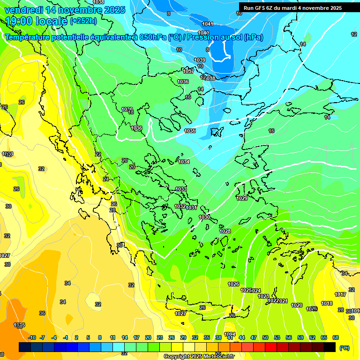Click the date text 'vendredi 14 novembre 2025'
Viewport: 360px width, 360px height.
[65, 10]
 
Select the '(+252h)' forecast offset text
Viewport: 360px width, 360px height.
[83, 21]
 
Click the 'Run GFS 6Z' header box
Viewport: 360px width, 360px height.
[292, 8]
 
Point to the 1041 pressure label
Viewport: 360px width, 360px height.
[207, 24]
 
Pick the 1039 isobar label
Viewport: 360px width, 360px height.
[200, 60]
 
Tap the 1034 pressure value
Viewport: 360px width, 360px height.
[184, 162]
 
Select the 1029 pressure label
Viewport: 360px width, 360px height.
[242, 199]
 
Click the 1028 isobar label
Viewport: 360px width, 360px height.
[225, 231]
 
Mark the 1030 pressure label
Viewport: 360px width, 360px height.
[204, 217]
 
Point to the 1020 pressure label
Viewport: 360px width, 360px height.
[297, 305]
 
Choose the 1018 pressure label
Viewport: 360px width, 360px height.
[327, 303]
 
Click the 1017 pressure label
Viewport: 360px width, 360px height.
[340, 294]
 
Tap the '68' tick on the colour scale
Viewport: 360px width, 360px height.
[336, 337]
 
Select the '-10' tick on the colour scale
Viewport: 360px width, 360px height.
[32, 337]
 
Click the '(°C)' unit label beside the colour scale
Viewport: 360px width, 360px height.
[344, 348]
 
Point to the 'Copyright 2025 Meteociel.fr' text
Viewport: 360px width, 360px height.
[199, 356]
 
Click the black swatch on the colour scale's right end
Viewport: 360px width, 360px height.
[330, 347]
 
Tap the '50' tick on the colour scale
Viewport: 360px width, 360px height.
[265, 337]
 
